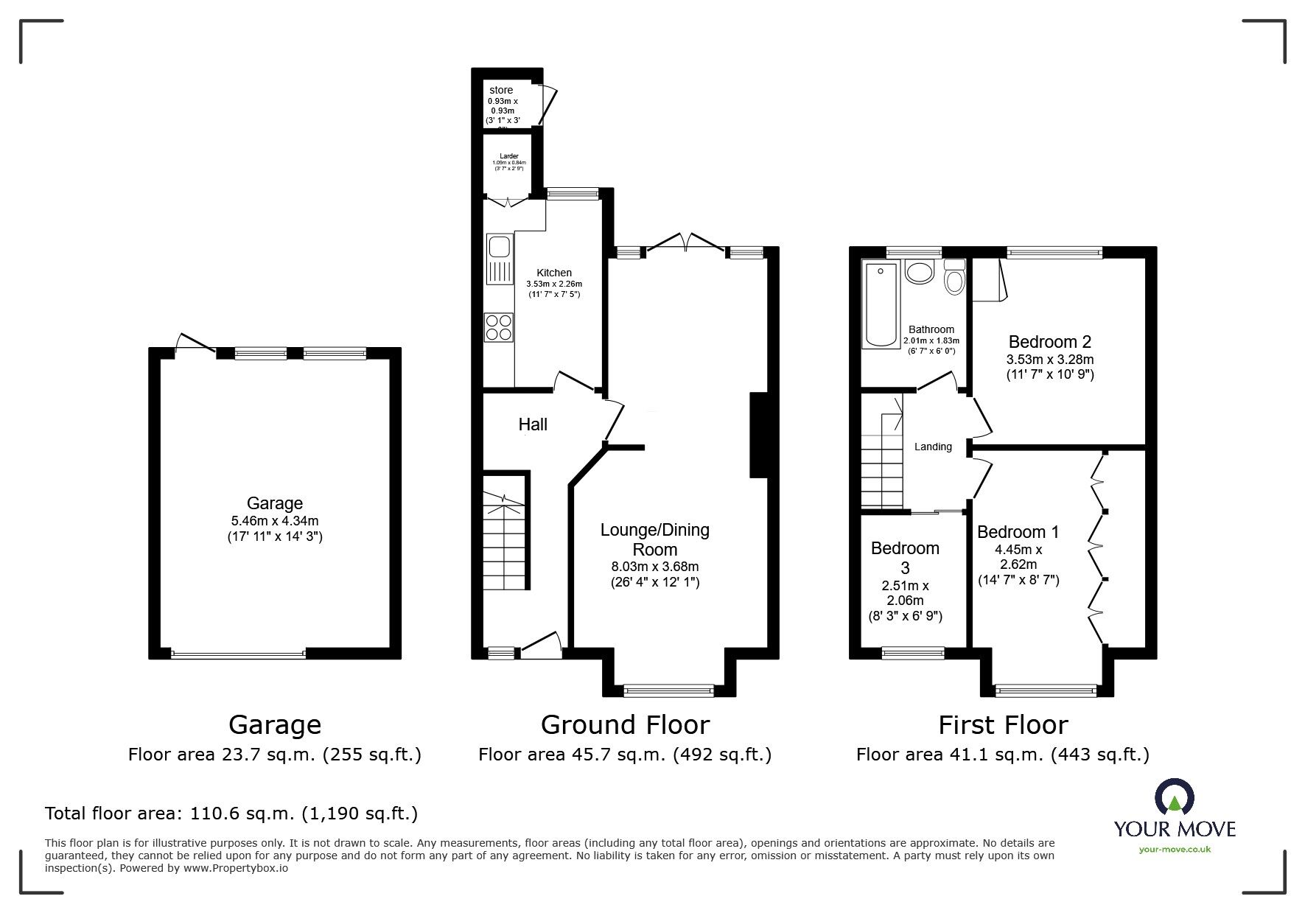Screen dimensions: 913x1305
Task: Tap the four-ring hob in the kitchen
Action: pos(499,327)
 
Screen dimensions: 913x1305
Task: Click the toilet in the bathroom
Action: pos(954,278)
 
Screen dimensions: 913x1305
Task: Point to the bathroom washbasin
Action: pos(919,272)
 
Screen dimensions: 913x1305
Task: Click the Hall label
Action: pos(533,424)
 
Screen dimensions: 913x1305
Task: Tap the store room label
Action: pos(501,91)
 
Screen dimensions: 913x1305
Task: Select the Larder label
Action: pos(509,156)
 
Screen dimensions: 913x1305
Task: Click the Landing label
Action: pos(933,447)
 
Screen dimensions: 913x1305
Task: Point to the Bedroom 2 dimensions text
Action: pos(1050,367)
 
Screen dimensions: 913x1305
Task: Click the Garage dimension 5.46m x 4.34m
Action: pos(275,521)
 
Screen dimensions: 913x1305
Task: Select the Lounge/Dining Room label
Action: pos(655,539)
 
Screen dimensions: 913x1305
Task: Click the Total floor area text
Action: pos(231,814)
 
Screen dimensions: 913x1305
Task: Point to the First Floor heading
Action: pos(1002,725)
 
